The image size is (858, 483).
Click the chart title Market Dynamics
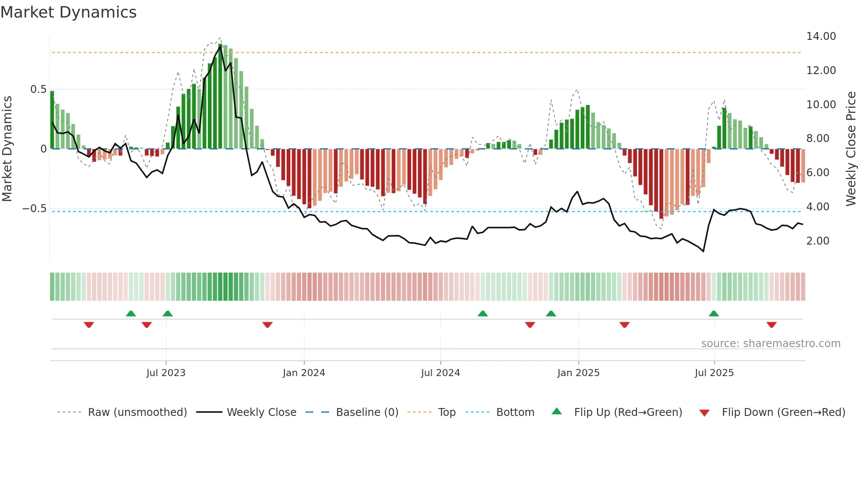[68, 12]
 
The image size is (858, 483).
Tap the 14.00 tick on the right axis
[821, 36]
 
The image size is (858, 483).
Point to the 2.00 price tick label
[817, 241]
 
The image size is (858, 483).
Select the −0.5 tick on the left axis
[35, 209]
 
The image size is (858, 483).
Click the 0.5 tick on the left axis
[38, 89]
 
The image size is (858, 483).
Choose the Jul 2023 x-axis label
[166, 373]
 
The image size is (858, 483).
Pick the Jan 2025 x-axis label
[578, 373]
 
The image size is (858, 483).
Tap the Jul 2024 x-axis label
[440, 373]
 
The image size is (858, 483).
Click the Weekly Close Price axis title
[851, 149]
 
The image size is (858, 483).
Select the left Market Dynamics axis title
[7, 149]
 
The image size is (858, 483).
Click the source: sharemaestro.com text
[770, 344]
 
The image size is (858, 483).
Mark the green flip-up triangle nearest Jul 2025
[714, 314]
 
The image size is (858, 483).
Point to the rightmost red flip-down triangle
[771, 325]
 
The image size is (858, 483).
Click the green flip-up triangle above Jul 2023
[167, 314]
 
